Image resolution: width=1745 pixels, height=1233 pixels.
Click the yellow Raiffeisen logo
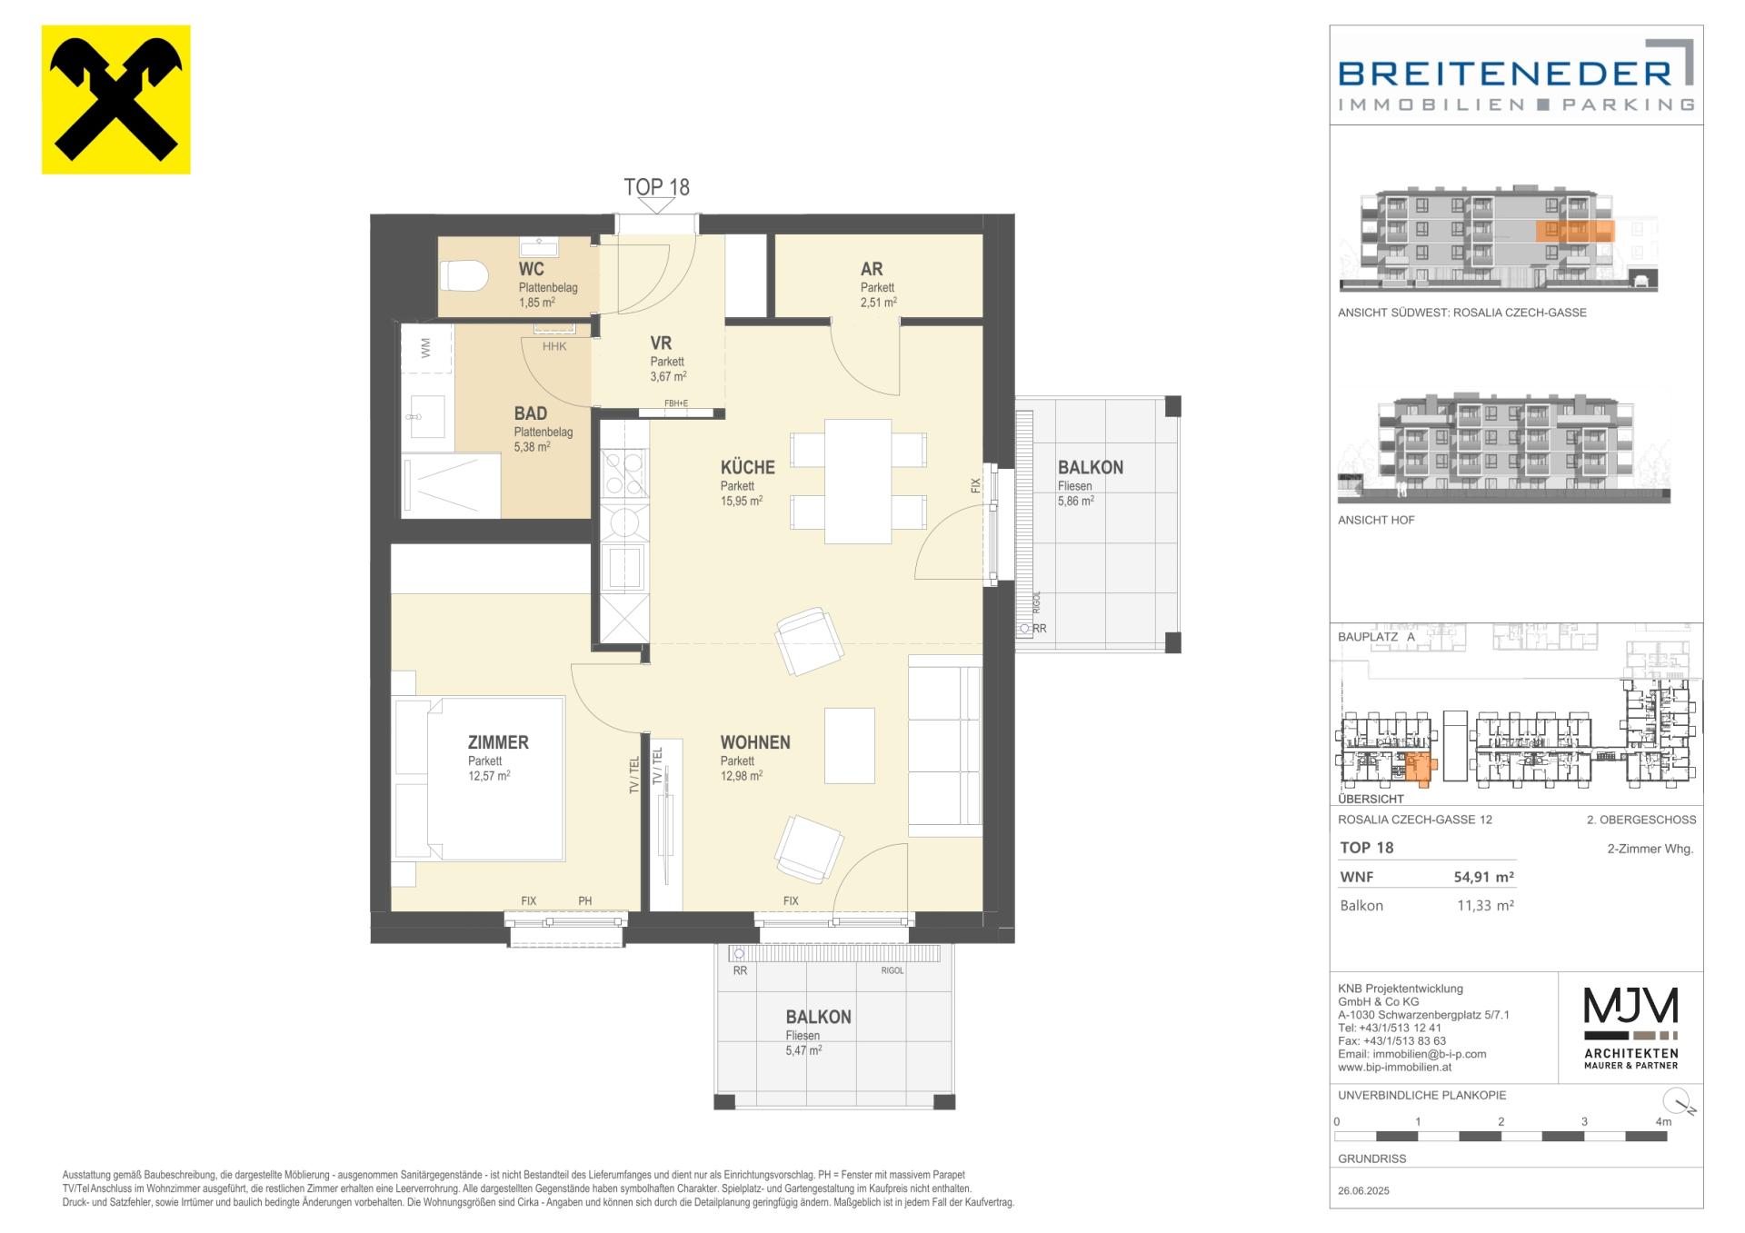click(116, 99)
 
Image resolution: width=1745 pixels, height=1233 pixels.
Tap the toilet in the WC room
click(464, 275)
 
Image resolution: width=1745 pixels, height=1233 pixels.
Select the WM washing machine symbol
click(426, 347)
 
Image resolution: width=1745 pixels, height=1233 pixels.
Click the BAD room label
click(531, 414)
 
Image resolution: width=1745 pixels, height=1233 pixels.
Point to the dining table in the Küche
click(858, 481)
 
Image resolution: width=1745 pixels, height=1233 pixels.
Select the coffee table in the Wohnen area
click(850, 745)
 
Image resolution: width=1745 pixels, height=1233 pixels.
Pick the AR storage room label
click(872, 269)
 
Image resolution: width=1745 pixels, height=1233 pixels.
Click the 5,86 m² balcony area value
click(1076, 501)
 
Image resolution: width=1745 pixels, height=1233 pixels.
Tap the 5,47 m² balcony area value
click(804, 1050)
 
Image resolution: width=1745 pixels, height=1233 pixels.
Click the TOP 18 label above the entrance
click(656, 187)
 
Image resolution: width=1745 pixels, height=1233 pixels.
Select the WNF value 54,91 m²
click(1483, 877)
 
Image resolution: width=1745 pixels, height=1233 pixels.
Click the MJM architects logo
click(1630, 1027)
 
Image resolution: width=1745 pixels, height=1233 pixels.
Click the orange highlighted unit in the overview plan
click(1417, 768)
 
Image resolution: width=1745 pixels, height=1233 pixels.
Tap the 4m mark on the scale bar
click(1663, 1122)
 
